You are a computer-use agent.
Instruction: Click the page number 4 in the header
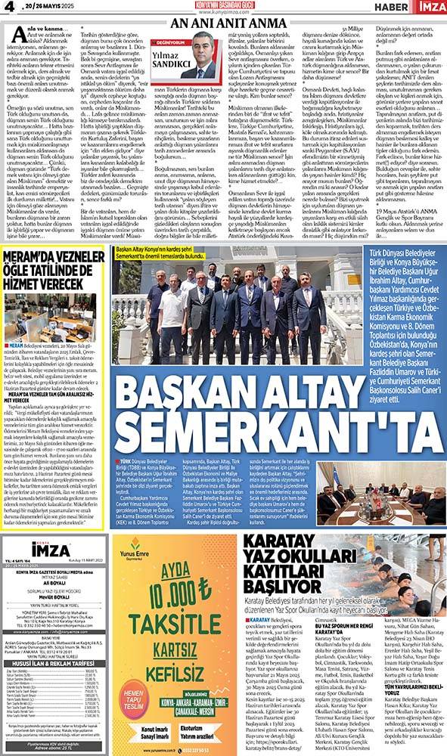tap(10, 7)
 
